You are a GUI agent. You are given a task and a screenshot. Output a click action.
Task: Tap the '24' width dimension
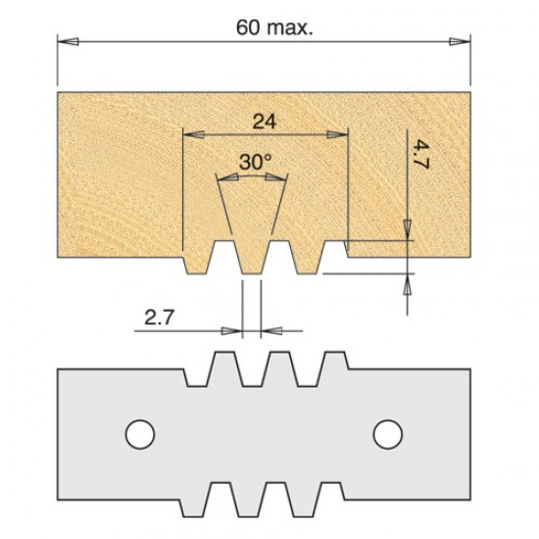(263, 122)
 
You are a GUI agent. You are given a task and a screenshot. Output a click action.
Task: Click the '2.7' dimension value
(159, 318)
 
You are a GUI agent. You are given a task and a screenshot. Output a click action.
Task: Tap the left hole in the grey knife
(138, 430)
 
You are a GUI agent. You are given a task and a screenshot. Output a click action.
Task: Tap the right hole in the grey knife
(387, 430)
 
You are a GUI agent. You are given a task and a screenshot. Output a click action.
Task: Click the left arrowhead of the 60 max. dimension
(64, 41)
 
